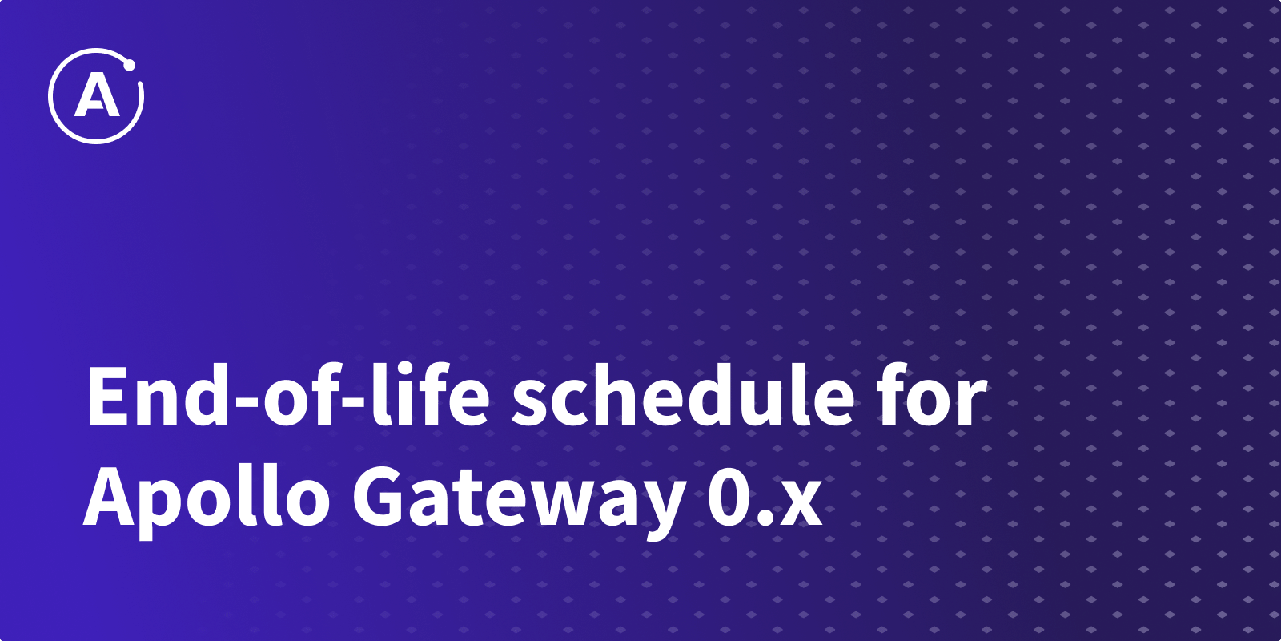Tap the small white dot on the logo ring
pyautogui.click(x=129, y=66)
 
